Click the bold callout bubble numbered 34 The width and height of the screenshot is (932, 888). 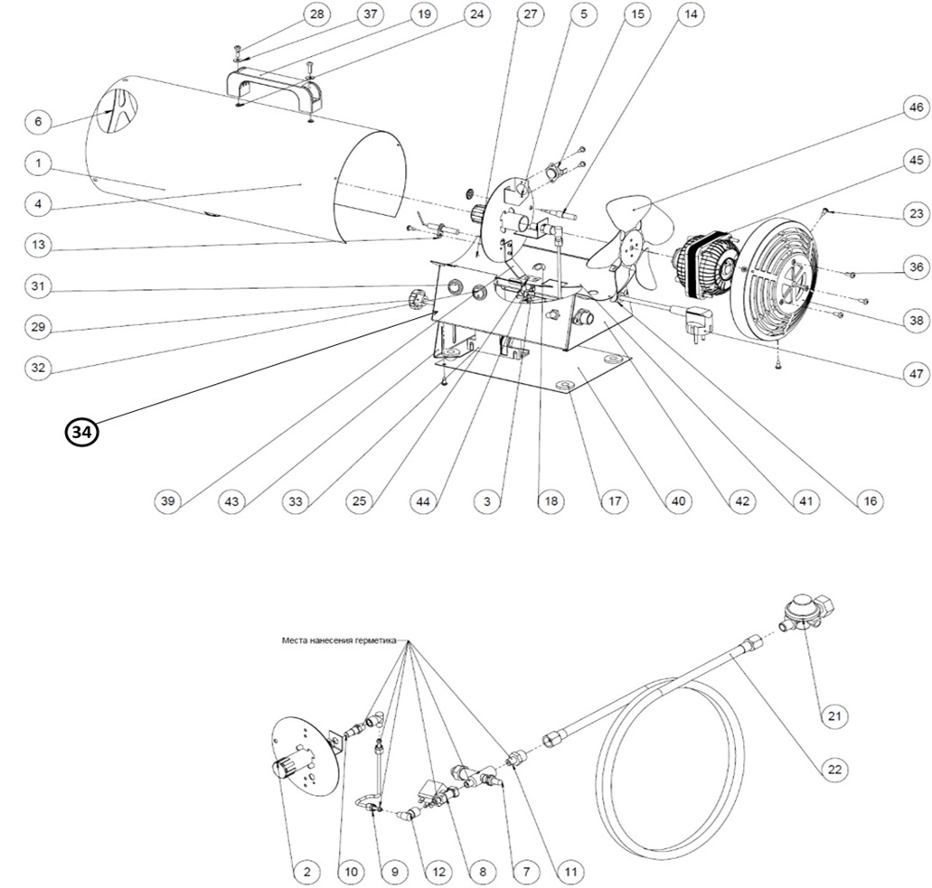81,433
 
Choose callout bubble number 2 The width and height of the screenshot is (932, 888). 306,872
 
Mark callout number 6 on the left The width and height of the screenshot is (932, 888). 38,121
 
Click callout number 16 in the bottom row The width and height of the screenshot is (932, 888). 870,501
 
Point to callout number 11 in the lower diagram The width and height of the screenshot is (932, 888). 570,872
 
